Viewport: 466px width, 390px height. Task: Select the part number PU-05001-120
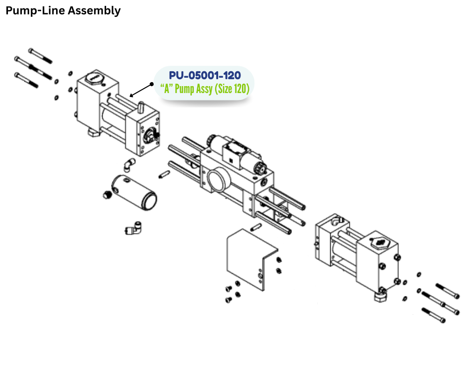(205, 76)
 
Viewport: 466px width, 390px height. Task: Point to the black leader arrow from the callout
(142, 90)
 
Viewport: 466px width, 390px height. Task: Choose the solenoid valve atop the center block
(233, 150)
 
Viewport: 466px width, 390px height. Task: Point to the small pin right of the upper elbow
(164, 174)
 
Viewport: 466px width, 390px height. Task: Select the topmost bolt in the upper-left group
(40, 55)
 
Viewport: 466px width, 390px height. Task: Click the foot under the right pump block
(381, 296)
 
